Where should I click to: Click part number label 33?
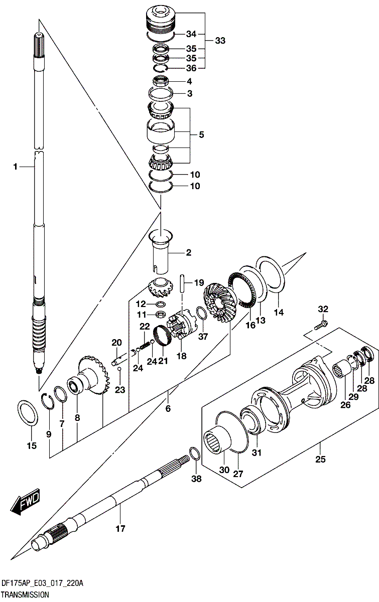tap(220, 41)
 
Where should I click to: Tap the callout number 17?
tap(120, 528)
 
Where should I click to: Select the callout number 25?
tap(320, 459)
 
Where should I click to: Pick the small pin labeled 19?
tap(184, 283)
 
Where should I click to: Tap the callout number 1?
tap(16, 167)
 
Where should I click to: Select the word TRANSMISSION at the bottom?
tap(25, 594)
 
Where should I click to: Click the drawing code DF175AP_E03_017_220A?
tap(42, 584)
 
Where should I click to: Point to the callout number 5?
tap(201, 134)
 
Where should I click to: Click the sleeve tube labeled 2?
tap(162, 251)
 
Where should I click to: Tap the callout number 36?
tap(191, 68)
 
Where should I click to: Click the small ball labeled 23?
tap(119, 369)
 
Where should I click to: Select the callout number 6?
tap(168, 408)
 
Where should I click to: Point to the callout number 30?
tap(224, 470)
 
